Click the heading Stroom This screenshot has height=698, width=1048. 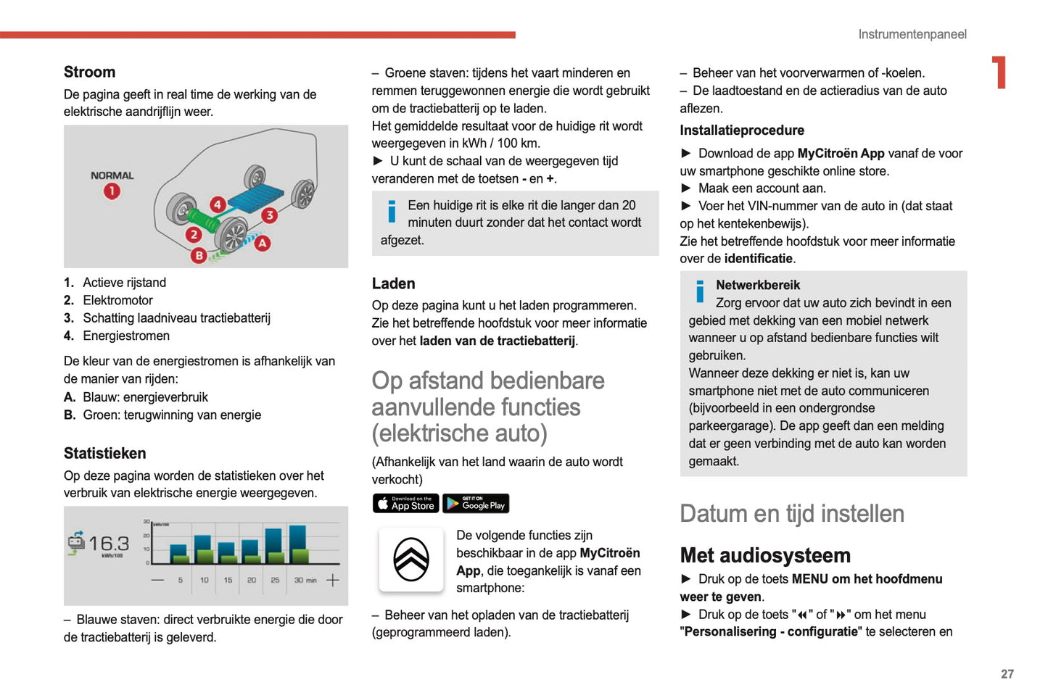click(x=89, y=72)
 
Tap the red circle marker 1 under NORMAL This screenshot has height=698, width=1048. click(x=112, y=191)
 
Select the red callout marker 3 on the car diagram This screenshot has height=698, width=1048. click(x=270, y=215)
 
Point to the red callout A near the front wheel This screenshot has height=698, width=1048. click(x=263, y=244)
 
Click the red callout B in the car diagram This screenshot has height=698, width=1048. click(x=199, y=255)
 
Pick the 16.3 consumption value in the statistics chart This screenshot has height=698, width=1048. click(x=109, y=544)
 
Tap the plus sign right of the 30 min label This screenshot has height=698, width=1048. click(x=333, y=580)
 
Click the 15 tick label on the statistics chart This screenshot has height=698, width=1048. click(x=228, y=580)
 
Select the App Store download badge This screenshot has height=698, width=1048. click(x=405, y=503)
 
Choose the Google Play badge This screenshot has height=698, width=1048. click(x=476, y=503)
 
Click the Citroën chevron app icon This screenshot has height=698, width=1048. click(x=411, y=560)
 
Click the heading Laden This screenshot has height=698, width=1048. click(x=393, y=283)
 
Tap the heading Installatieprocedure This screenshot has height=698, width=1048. click(x=741, y=130)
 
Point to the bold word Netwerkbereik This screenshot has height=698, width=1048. click(x=758, y=285)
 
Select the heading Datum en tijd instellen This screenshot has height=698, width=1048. click(x=791, y=513)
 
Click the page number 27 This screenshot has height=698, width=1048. click(x=1007, y=674)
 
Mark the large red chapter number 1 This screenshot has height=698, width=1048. click(x=999, y=72)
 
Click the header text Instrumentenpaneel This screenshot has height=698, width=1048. click(x=912, y=34)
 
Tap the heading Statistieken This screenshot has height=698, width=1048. click(x=104, y=453)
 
